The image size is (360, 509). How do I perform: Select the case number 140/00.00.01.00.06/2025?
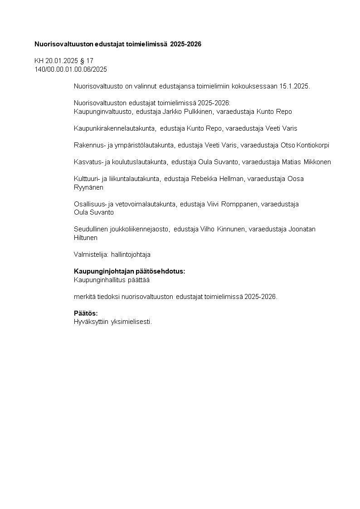71,69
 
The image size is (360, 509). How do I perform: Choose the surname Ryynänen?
88,187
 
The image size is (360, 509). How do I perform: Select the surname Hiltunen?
86,237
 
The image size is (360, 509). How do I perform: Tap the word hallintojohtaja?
131,254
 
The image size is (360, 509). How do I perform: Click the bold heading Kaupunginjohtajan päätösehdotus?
129,271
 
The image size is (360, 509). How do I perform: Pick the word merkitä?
83,297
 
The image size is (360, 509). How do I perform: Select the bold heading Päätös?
86,313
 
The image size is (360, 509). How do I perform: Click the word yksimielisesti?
133,322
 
